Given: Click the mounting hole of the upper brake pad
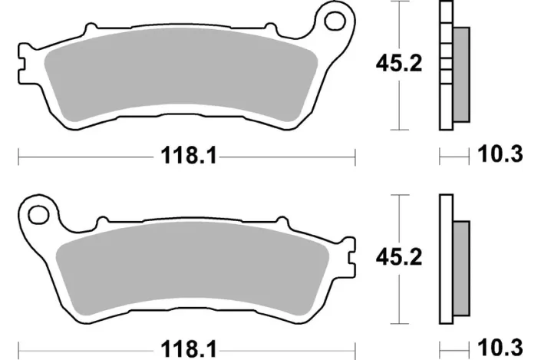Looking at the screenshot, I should pos(335,21).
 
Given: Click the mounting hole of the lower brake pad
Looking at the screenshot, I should pos(37,213).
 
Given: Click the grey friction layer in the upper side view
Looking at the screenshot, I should pos(461,74).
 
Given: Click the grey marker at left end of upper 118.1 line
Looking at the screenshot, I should pos(15,158).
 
